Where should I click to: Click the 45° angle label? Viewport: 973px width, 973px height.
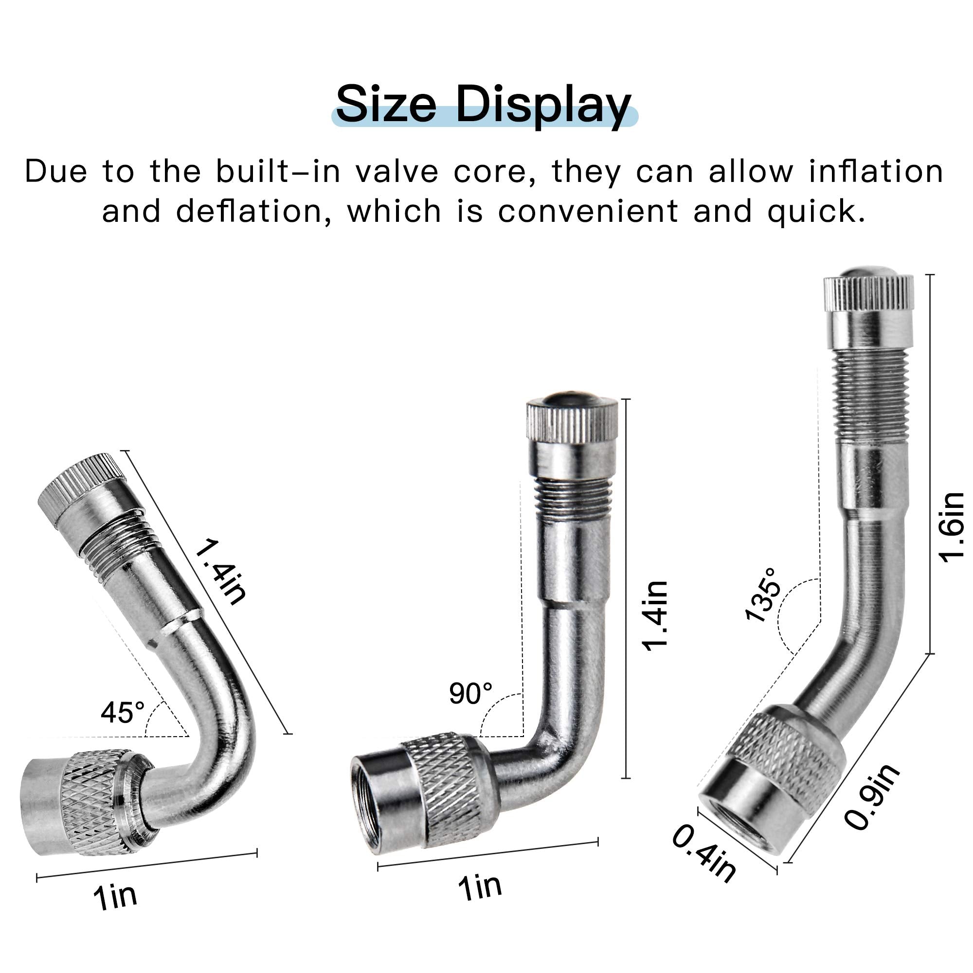tap(123, 712)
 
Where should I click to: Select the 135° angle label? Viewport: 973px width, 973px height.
tap(763, 595)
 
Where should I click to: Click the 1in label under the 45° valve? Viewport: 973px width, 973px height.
tap(115, 897)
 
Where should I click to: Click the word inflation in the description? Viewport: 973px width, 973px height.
tap(876, 171)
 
